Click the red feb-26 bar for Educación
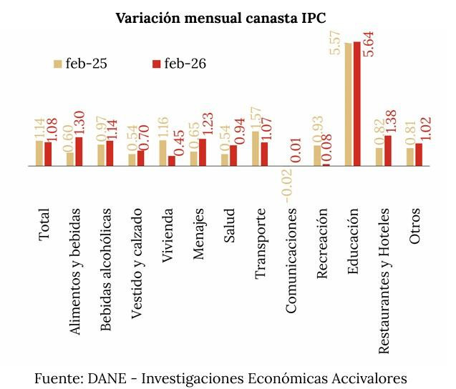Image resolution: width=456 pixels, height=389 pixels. click(357, 104)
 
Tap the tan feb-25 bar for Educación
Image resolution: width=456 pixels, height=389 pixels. click(349, 104)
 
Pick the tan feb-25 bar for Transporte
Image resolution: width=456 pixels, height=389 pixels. click(256, 149)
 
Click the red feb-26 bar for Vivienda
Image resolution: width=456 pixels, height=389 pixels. click(172, 161)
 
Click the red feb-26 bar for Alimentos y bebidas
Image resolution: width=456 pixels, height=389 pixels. click(79, 151)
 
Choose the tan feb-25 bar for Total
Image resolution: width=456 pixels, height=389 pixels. click(39, 153)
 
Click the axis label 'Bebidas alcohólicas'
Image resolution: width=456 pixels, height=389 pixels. click(106, 270)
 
